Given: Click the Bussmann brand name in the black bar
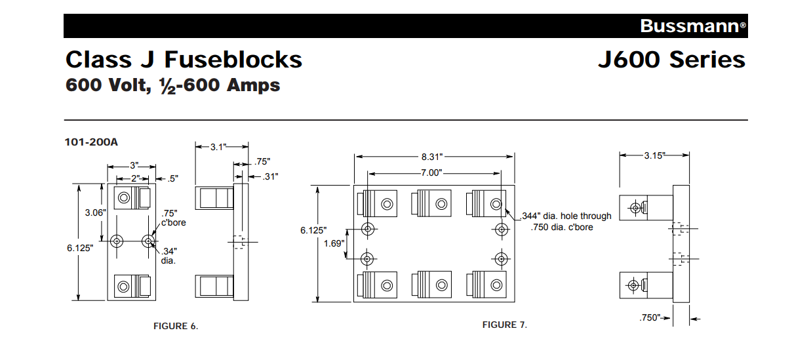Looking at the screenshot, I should pos(689,26).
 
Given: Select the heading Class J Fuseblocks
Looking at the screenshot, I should pos(184,60).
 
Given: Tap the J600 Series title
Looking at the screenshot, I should pos(671,60).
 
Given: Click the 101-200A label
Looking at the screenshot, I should pos(91,141).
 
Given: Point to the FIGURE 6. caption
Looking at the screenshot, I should pos(175,326).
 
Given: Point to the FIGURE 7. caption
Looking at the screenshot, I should pos(504,325).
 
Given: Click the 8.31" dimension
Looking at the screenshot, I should pos(433,157).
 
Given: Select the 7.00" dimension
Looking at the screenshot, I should pos(433,172).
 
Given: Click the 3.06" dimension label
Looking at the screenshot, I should pos(85,212).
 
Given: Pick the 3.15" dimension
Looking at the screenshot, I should pos(654,155).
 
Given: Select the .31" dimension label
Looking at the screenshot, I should pos(268,176).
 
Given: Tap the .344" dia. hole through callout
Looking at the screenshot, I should pos(566,216).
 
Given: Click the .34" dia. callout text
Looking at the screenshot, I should pos(169,255).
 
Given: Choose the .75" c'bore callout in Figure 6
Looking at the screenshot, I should pos(173,217).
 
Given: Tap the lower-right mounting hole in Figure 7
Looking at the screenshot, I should pos(502,258).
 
